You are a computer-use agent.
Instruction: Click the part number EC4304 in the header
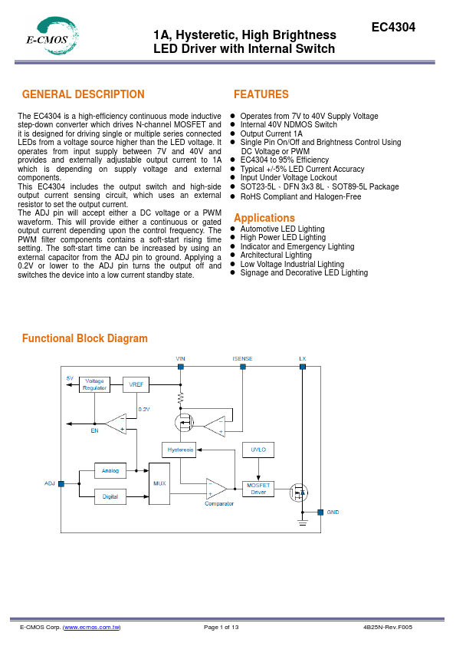pyautogui.click(x=393, y=27)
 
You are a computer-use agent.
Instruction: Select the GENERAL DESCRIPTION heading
pyautogui.click(x=83, y=95)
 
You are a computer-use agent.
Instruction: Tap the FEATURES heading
pyautogui.click(x=261, y=95)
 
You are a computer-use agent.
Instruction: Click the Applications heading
pyautogui.click(x=264, y=218)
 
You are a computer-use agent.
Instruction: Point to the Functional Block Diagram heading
pyautogui.click(x=84, y=338)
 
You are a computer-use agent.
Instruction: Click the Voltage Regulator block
pyautogui.click(x=95, y=384)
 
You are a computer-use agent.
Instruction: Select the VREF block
pyautogui.click(x=136, y=384)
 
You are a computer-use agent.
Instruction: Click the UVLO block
pyautogui.click(x=258, y=450)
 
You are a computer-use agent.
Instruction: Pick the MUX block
pyautogui.click(x=159, y=484)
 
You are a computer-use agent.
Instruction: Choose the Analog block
pyautogui.click(x=110, y=469)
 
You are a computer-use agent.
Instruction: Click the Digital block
pyautogui.click(x=110, y=496)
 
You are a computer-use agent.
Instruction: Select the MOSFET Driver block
pyautogui.click(x=258, y=488)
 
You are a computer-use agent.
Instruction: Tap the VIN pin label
pyautogui.click(x=180, y=358)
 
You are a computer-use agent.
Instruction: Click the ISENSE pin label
pyautogui.click(x=242, y=358)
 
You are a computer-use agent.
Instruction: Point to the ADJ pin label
pyautogui.click(x=50, y=483)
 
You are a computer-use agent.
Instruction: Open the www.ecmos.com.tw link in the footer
pyautogui.click(x=91, y=627)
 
